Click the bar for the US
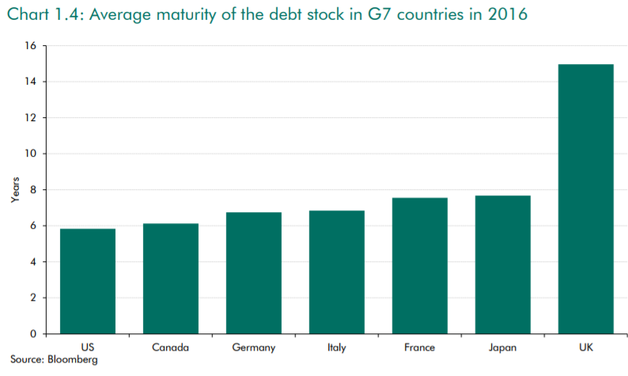point(88,281)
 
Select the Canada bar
point(171,279)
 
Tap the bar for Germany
point(254,273)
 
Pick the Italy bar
point(336,272)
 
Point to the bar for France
point(420,266)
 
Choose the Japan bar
point(503,264)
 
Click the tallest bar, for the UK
point(586,199)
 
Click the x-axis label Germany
point(254,347)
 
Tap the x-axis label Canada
point(171,347)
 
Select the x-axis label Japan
point(503,347)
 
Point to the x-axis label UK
point(586,347)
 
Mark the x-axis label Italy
point(336,347)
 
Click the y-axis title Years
point(14,190)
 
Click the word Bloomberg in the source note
point(72,360)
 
